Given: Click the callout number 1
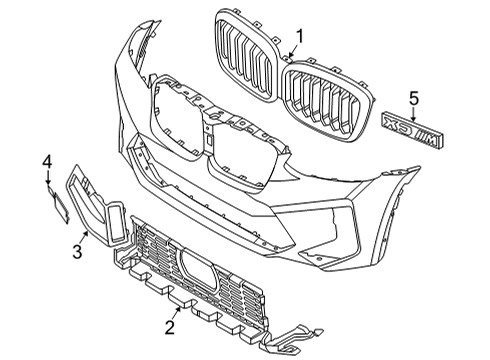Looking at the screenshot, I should (x=299, y=37).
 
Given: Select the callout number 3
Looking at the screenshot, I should (x=76, y=252).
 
